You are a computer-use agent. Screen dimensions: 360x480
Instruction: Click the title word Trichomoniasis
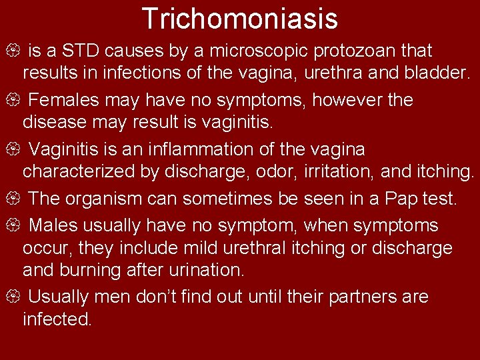point(240,19)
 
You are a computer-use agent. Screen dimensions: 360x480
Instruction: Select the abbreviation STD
point(85,51)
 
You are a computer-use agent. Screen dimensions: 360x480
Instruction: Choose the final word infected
point(57,319)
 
